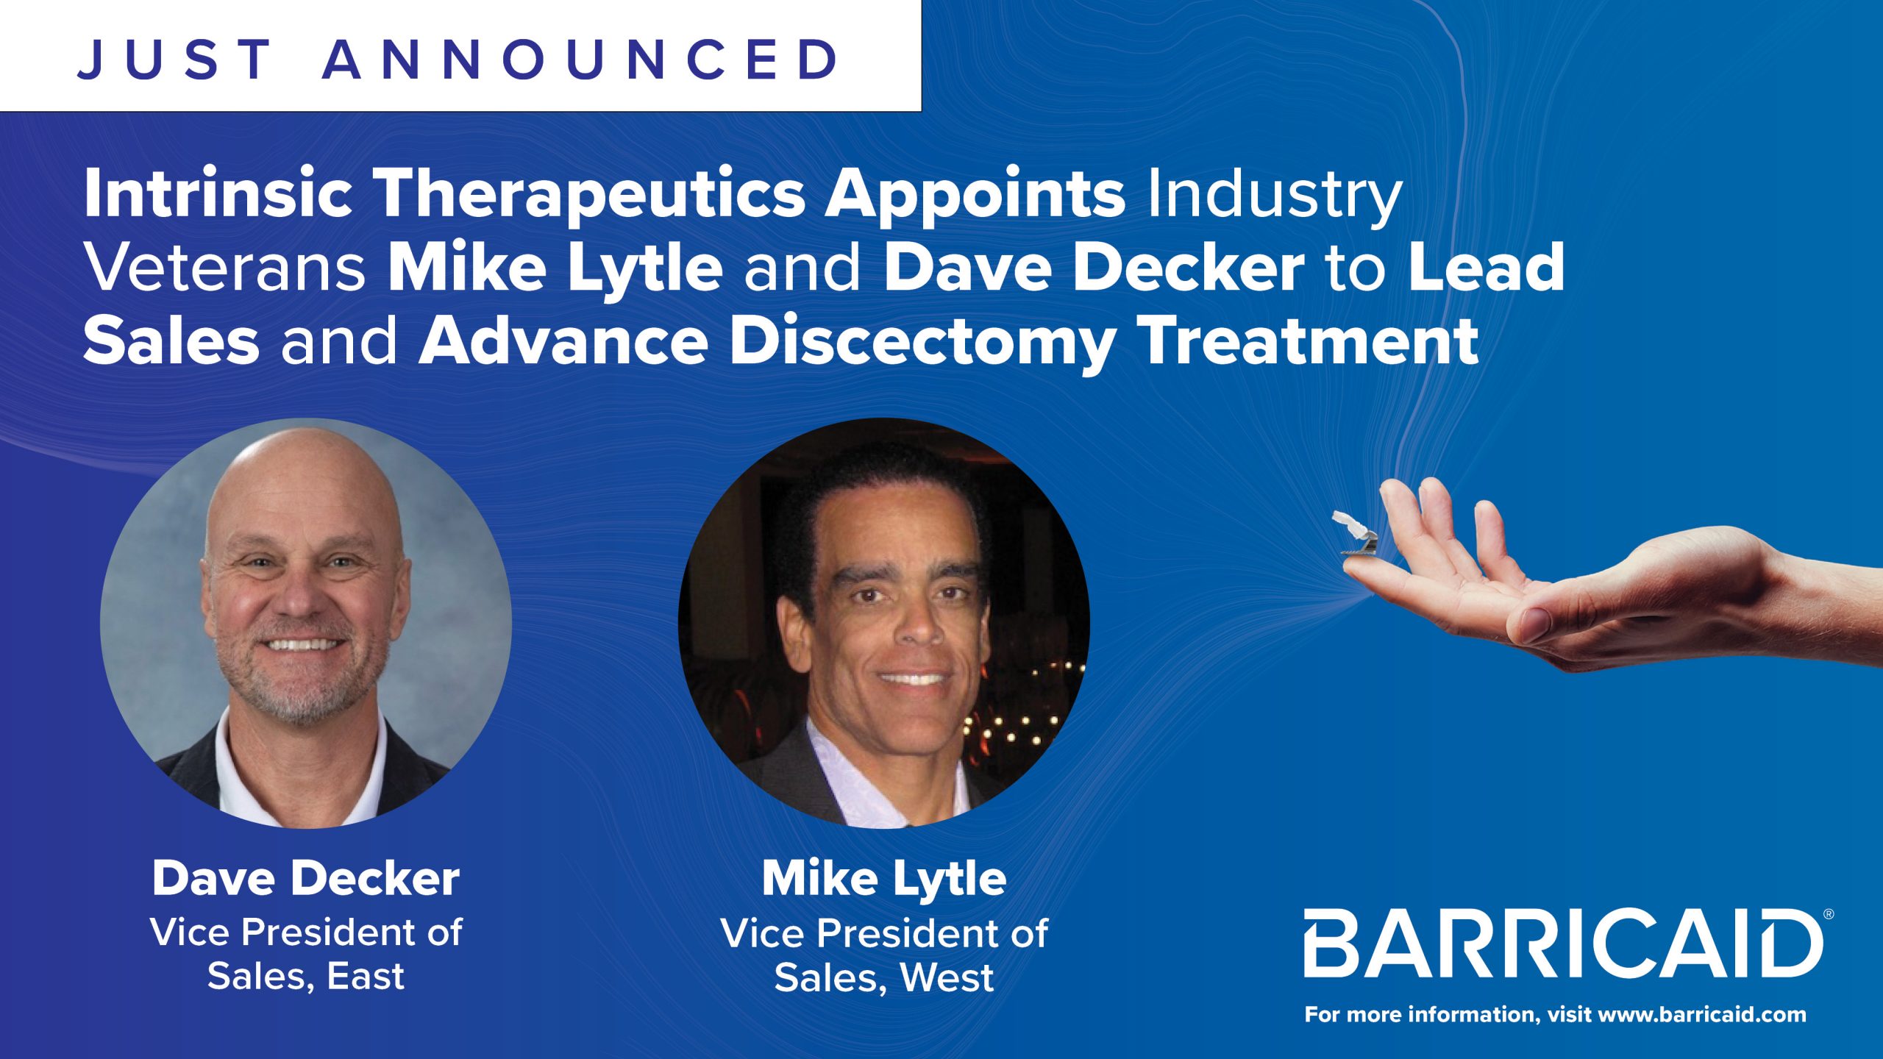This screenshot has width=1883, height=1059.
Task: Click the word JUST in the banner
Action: point(175,59)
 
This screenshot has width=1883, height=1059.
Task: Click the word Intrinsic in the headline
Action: point(218,194)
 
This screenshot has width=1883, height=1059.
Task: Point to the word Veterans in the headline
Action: point(225,268)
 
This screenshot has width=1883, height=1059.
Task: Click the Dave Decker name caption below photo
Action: point(306,878)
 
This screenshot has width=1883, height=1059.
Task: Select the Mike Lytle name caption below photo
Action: point(884,880)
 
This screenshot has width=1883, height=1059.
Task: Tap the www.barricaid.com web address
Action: point(1702,1016)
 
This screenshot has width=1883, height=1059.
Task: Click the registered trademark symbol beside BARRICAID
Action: point(1829,914)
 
